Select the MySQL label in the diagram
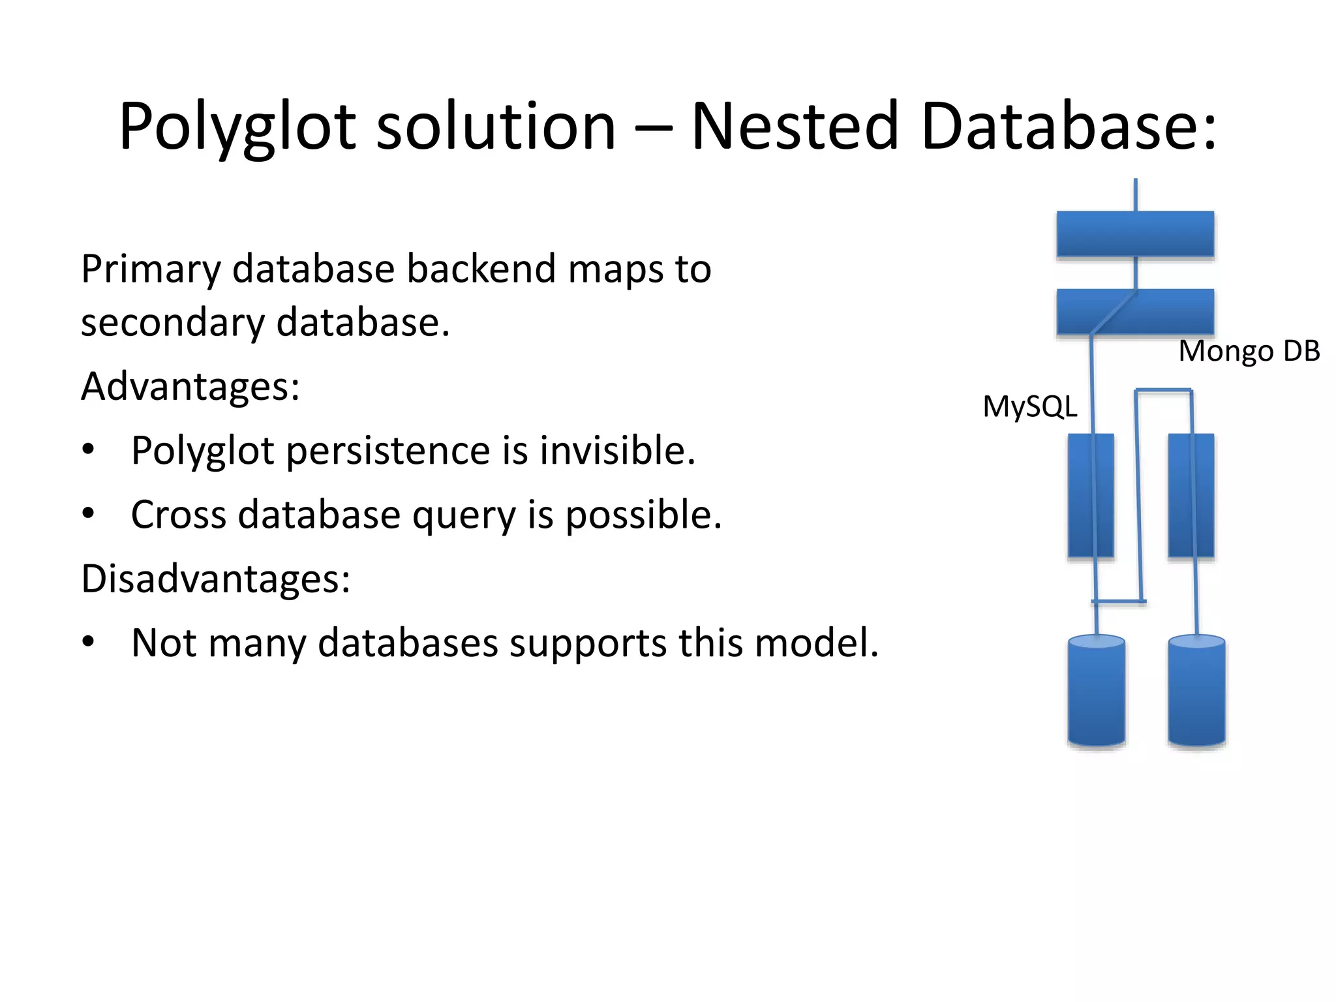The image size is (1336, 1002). tap(1029, 407)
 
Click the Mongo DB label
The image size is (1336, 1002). tap(1249, 351)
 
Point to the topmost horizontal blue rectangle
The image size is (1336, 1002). tap(1135, 234)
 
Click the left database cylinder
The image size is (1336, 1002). tap(1096, 691)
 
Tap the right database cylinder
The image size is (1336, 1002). tap(1196, 691)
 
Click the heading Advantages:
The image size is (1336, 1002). tap(190, 386)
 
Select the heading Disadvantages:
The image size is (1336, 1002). tap(215, 578)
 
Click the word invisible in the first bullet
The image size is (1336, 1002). tap(617, 450)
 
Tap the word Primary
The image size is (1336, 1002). tap(151, 269)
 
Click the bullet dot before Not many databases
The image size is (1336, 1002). tap(88, 642)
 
